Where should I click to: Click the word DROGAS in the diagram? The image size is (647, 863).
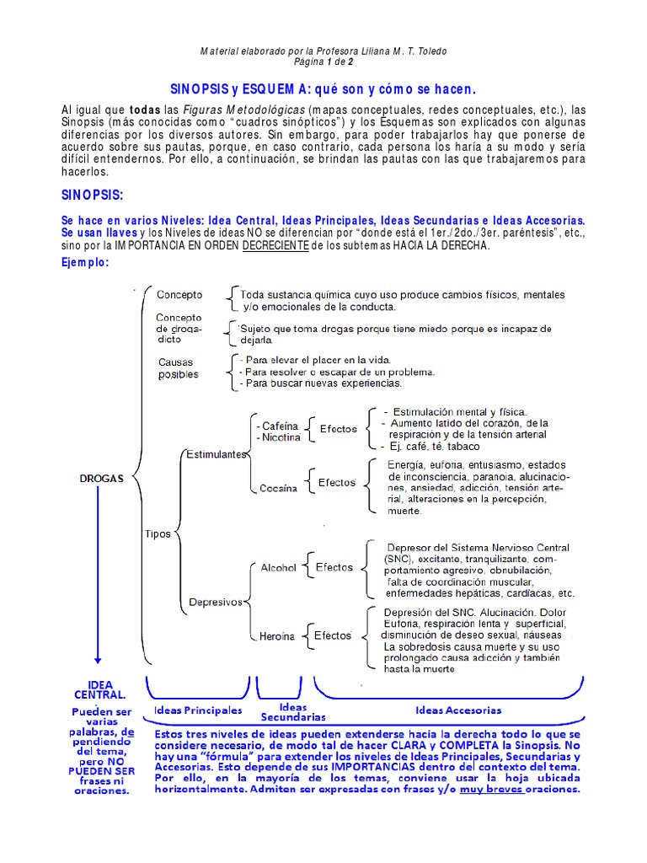coord(101,478)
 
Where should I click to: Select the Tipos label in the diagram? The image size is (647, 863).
coord(158,534)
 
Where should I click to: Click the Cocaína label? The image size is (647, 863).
coord(279,487)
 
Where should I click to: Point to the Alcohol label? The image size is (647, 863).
coord(278,568)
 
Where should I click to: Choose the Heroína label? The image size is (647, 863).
coord(277,636)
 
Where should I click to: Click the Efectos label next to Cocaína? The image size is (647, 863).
coord(336,483)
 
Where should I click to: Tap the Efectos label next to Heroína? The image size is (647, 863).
coord(333,635)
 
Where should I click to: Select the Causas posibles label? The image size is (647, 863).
coord(178,367)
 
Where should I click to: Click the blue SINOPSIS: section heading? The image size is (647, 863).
coord(93,196)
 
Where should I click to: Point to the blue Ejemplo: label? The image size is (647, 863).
coord(85,262)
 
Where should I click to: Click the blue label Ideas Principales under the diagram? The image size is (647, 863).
coord(198,710)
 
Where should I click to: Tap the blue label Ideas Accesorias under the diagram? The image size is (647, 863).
coord(458,710)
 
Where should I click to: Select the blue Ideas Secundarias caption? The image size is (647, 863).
coord(292,712)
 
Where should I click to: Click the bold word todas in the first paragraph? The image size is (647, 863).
coord(144,110)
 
